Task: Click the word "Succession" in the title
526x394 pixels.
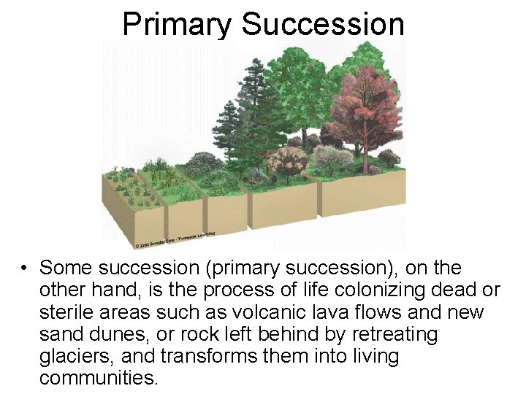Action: pyautogui.click(x=323, y=24)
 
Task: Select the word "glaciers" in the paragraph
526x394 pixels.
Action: pyautogui.click(x=72, y=357)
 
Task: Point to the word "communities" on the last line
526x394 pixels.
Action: pyautogui.click(x=98, y=379)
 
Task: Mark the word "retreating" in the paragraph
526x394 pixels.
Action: pyautogui.click(x=397, y=335)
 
